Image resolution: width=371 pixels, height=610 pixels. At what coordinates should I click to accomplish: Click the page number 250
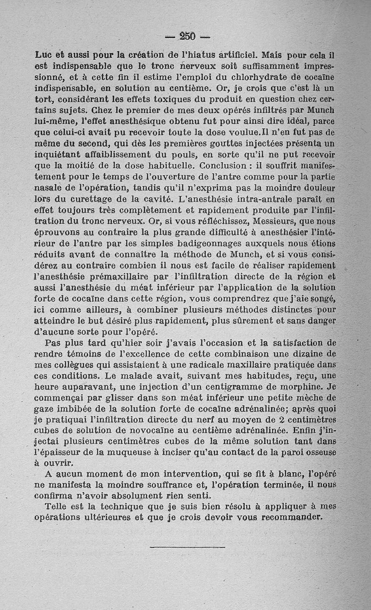[x=188, y=36]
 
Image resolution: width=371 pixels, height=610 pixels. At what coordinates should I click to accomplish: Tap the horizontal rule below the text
[x=187, y=547]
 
